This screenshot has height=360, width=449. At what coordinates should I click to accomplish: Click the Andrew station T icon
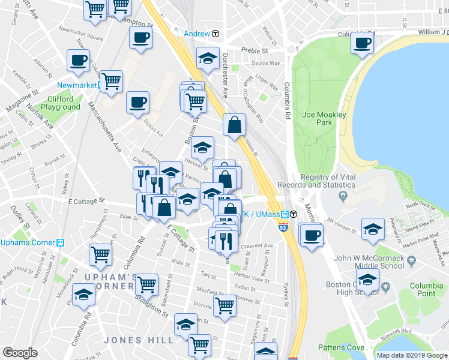tap(215, 34)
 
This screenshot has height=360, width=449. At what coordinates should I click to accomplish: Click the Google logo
tap(20, 353)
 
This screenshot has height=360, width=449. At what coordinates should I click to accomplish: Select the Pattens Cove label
tap(342, 347)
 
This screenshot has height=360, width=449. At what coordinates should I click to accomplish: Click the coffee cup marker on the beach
tap(363, 43)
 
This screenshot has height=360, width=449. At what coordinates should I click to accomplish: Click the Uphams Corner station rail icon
tap(60, 243)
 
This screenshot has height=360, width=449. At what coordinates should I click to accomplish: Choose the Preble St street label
tap(254, 51)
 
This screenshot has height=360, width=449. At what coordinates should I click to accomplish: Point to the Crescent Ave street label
tap(257, 245)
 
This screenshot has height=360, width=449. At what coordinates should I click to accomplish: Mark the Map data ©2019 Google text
tap(412, 355)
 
